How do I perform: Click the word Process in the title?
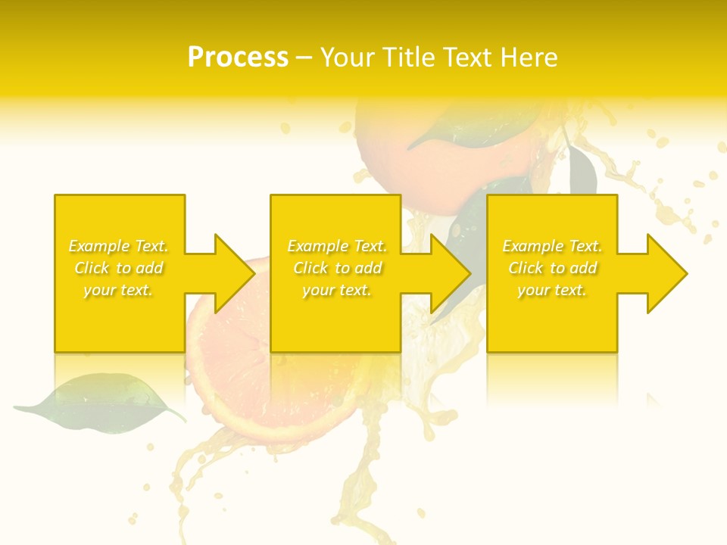(x=238, y=58)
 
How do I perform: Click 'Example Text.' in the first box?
(x=118, y=246)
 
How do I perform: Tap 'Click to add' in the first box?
(x=118, y=268)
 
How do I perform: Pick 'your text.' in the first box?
(x=118, y=290)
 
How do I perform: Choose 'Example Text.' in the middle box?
(x=337, y=246)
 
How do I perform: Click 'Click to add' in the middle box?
(x=337, y=268)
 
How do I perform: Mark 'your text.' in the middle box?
(x=337, y=290)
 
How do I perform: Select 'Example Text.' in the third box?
(x=552, y=246)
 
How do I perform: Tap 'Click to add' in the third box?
(x=552, y=268)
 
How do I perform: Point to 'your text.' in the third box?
(x=552, y=290)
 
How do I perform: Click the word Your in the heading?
(x=349, y=58)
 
